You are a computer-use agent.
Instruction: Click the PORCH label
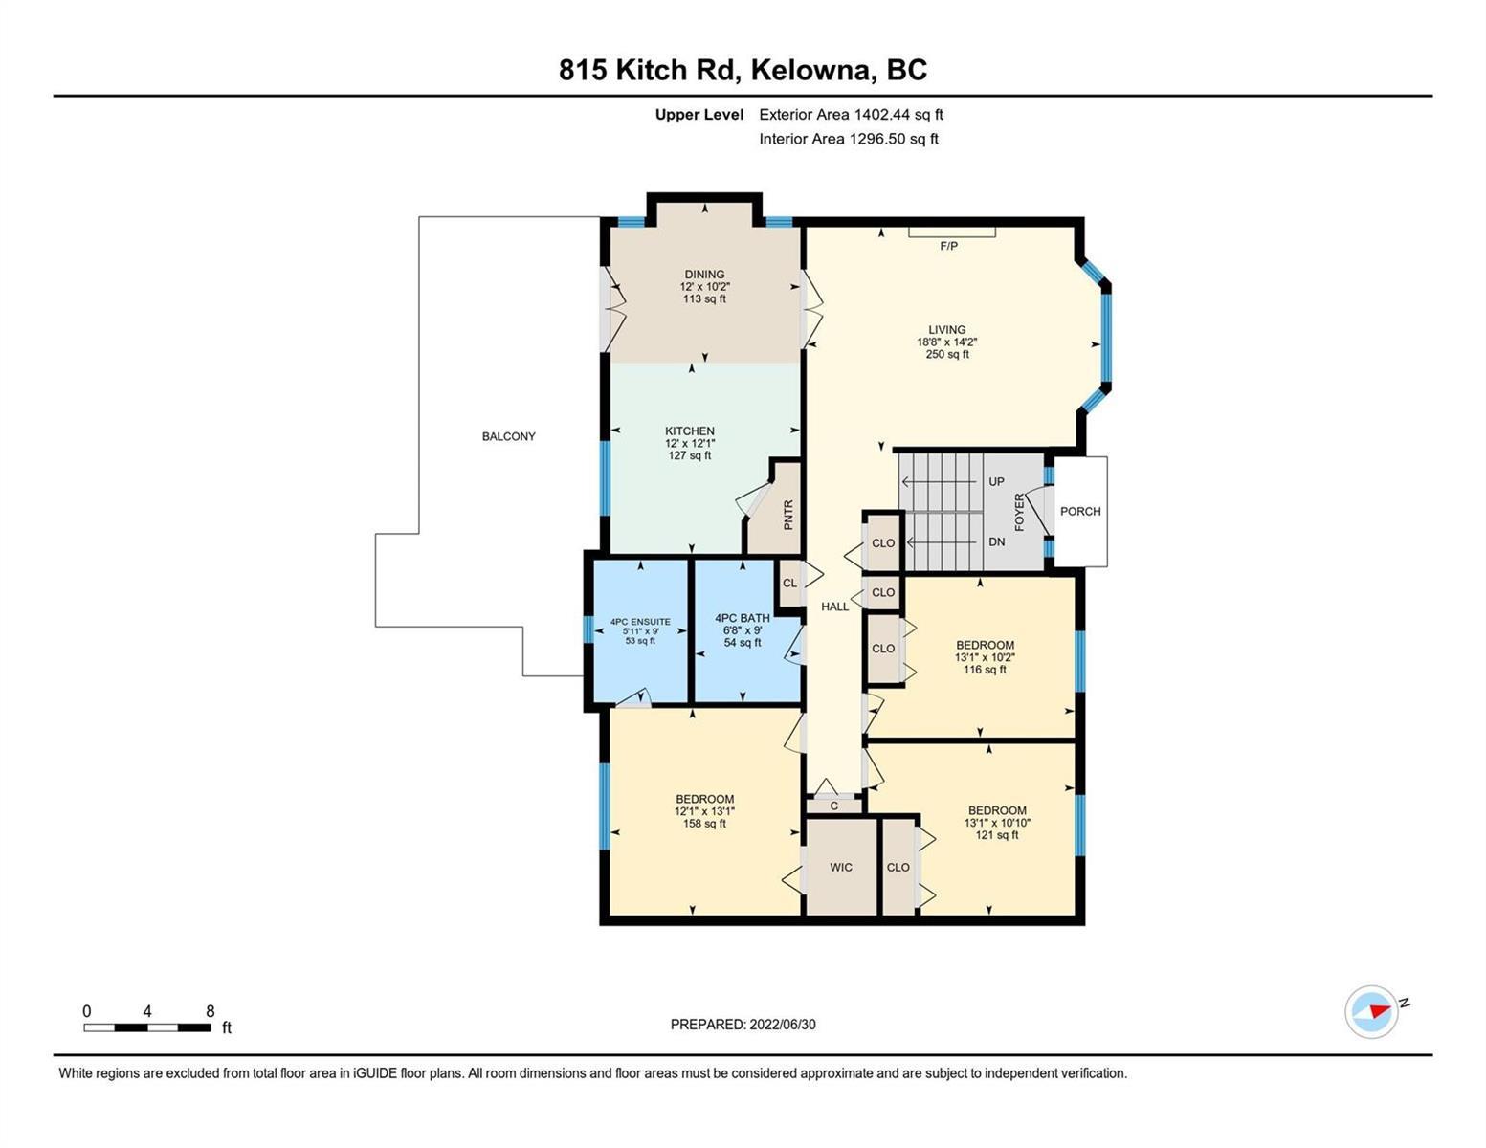tap(1079, 511)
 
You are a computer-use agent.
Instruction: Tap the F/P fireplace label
tap(948, 246)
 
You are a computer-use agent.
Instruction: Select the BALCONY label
tap(509, 436)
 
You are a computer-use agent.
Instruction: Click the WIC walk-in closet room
tap(841, 867)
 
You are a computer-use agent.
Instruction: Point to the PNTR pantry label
tap(788, 516)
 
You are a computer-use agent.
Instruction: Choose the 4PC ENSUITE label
tap(641, 622)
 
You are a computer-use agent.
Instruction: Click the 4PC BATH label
tap(743, 617)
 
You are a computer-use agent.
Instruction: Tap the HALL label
tap(835, 607)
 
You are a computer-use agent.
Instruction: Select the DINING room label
tap(705, 275)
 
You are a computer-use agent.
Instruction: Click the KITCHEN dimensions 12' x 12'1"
tap(690, 443)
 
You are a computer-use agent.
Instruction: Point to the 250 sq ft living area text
tap(947, 354)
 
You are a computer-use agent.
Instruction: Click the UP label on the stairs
tap(996, 481)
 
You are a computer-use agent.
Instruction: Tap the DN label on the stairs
tap(997, 541)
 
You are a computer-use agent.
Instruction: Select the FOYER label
tap(1020, 512)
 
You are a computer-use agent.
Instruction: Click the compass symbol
tap(1371, 1012)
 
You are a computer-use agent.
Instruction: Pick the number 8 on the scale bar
tap(210, 1010)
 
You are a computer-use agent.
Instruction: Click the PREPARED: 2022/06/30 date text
tap(743, 1025)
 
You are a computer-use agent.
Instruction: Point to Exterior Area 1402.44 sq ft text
tap(851, 114)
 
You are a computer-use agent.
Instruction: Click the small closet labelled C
tap(834, 806)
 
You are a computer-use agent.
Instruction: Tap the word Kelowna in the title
tap(813, 70)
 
